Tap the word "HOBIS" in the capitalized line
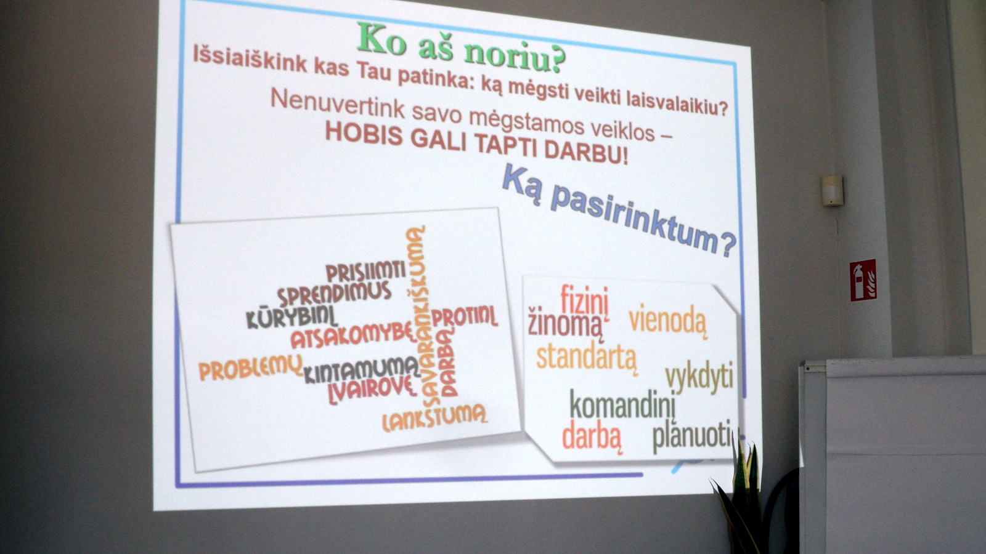364,132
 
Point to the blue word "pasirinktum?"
643,222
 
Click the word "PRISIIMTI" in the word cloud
366,271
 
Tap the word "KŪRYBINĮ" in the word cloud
292,318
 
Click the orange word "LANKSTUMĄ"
435,417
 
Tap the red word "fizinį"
585,301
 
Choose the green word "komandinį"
622,405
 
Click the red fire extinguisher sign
863,281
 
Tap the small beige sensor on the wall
832,191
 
